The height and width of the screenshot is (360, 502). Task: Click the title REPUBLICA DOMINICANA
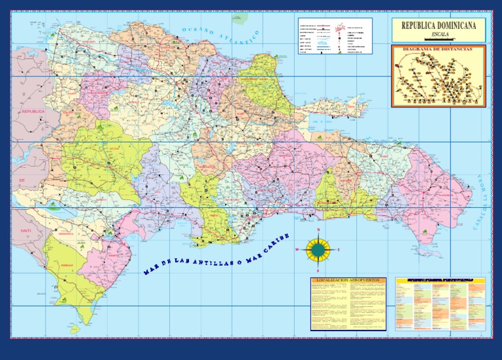pyautogui.click(x=439, y=25)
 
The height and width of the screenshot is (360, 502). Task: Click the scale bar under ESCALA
pyautogui.click(x=438, y=39)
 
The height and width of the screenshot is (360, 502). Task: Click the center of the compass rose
pyautogui.click(x=318, y=250)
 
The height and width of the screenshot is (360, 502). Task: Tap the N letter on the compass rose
pyautogui.click(x=318, y=231)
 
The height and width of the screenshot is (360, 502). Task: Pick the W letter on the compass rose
pyautogui.click(x=297, y=250)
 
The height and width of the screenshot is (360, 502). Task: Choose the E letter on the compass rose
pyautogui.click(x=339, y=250)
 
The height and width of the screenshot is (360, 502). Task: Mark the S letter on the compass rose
pyautogui.click(x=318, y=269)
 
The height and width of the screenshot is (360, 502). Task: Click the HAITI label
pyautogui.click(x=26, y=231)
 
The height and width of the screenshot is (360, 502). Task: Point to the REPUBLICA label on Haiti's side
pyautogui.click(x=33, y=112)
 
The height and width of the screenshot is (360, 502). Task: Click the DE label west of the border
pyautogui.click(x=21, y=179)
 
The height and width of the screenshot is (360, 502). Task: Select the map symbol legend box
pyautogui.click(x=334, y=36)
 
